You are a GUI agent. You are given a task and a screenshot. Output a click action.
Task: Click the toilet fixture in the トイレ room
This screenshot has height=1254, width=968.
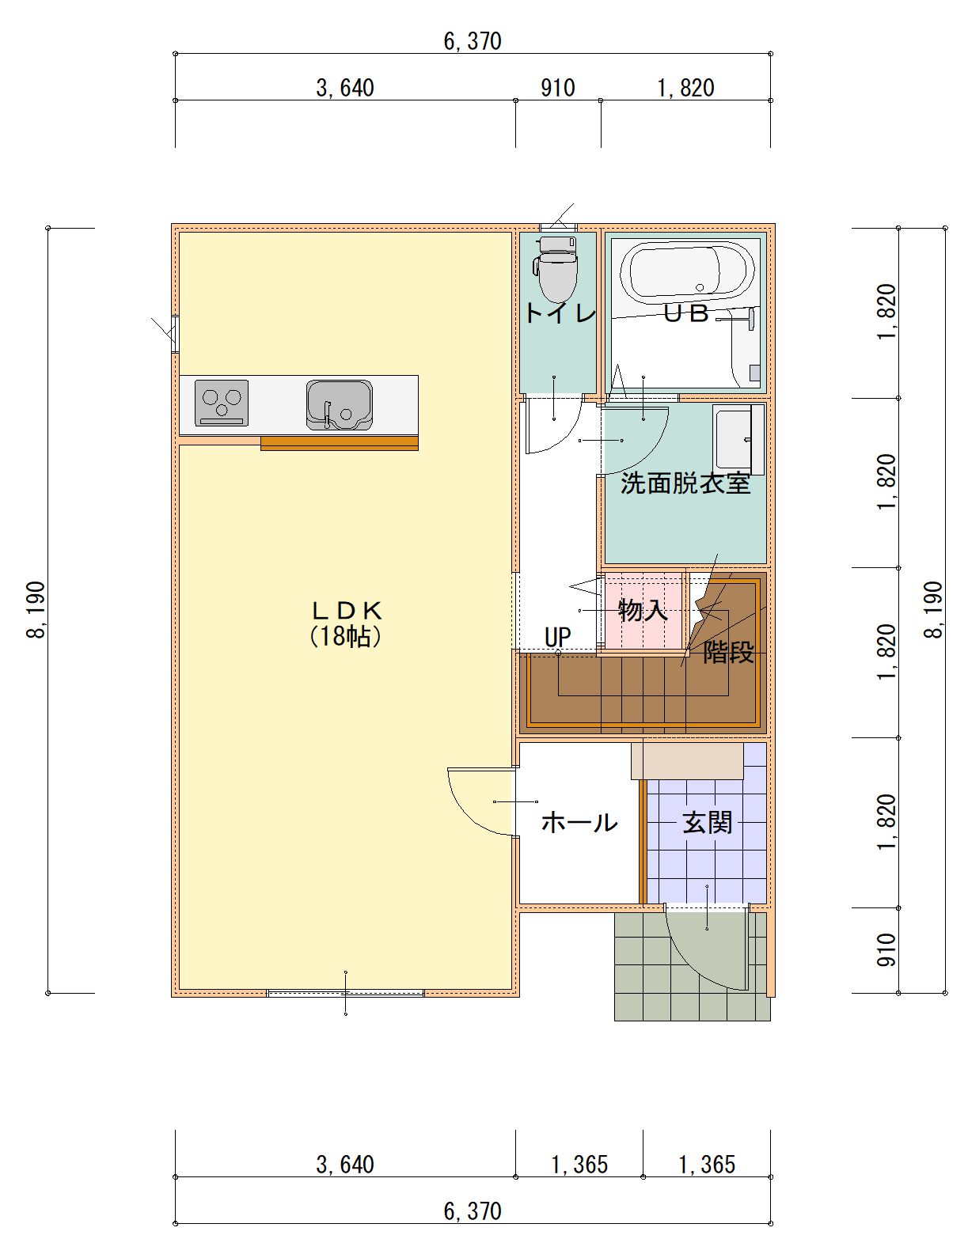click(556, 269)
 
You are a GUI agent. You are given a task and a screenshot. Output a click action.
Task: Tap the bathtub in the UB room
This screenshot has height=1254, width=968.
click(686, 271)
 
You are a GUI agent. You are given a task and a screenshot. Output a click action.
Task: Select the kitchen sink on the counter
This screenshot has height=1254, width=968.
click(339, 404)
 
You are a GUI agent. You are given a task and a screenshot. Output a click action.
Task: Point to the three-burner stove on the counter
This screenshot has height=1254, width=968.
click(221, 403)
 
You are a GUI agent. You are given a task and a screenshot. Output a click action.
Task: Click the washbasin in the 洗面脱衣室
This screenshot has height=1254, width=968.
click(738, 438)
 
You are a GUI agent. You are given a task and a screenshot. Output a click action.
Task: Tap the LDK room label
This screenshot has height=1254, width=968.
click(346, 609)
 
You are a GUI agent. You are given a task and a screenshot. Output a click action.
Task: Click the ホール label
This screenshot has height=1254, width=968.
click(579, 822)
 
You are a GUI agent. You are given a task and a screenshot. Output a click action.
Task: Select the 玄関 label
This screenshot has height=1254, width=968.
click(707, 822)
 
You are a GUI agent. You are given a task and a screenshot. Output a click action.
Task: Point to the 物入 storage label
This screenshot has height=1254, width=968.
click(643, 610)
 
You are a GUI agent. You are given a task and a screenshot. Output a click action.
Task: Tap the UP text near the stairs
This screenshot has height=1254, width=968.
click(557, 637)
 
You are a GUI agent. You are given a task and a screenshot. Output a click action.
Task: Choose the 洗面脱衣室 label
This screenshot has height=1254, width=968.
click(685, 483)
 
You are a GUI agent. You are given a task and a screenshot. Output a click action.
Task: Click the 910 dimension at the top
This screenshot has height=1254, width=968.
click(557, 88)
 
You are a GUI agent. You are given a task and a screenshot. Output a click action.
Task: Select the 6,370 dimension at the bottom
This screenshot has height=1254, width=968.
click(473, 1211)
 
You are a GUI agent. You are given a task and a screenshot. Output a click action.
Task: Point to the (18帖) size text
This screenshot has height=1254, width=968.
click(346, 636)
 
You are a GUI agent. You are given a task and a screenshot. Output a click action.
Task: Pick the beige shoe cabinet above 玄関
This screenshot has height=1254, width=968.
click(687, 760)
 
